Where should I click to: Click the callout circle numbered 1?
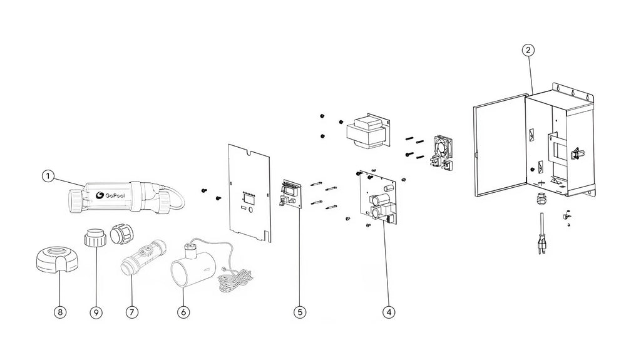click(x=46, y=177)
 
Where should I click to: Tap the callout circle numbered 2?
click(x=529, y=50)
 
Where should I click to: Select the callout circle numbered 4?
click(x=390, y=310)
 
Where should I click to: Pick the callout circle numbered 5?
click(x=300, y=310)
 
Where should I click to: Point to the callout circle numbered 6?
click(x=183, y=310)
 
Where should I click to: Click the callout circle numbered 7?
click(x=131, y=310)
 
